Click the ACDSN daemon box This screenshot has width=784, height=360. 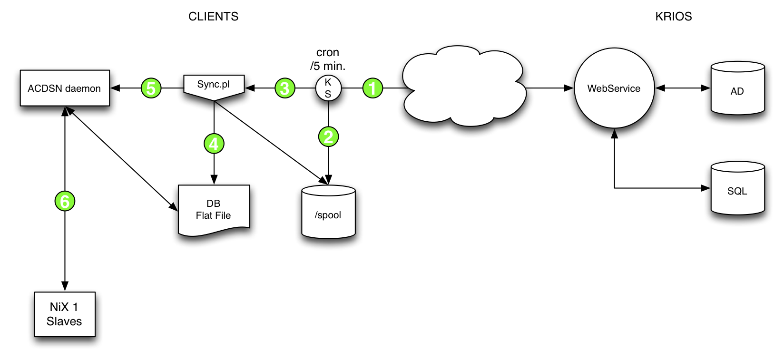click(65, 88)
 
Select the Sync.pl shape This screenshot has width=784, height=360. click(214, 86)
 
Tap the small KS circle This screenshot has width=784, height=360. click(328, 88)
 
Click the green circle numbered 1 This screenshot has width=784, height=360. click(372, 88)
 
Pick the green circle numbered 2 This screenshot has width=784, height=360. click(328, 137)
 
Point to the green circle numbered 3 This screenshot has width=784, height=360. click(285, 88)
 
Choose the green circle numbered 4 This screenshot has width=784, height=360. click(214, 144)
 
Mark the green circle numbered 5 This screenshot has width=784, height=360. click(151, 88)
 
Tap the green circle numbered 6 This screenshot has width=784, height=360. click(65, 201)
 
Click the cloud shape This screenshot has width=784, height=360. click(464, 88)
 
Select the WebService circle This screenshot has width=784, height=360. click(614, 88)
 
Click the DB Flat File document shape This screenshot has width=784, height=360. click(214, 210)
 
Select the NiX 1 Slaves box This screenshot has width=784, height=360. click(65, 314)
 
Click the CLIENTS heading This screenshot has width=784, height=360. click(213, 17)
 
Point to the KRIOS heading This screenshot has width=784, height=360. click(673, 17)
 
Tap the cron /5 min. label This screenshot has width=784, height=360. click(328, 59)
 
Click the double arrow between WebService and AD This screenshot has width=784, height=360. click(683, 88)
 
